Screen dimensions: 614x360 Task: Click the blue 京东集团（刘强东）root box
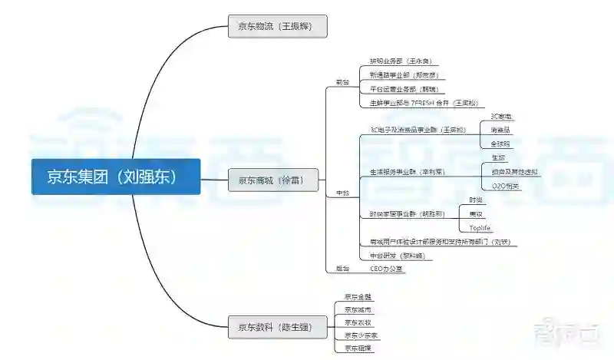click(116, 177)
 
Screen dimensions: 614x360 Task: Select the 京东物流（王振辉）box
click(278, 26)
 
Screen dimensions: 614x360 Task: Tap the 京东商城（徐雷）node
click(272, 180)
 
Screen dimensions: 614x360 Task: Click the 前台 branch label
click(342, 81)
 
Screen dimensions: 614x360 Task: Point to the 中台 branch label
click(342, 193)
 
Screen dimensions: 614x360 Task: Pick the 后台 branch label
click(342, 269)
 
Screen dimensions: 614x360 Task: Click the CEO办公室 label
click(386, 269)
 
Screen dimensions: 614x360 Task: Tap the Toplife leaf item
click(480, 228)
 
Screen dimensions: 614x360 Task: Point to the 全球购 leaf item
click(500, 144)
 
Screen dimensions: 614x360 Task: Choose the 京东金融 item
click(358, 296)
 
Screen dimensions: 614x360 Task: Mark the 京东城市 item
click(358, 309)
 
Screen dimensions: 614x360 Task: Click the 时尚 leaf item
click(476, 200)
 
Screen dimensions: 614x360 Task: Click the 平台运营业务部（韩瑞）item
click(402, 89)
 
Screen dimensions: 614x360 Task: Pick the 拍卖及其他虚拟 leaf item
click(510, 172)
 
